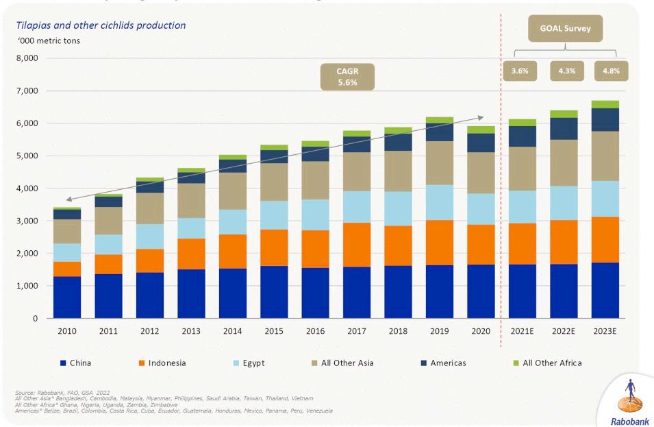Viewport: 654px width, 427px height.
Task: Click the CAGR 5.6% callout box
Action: pyautogui.click(x=347, y=76)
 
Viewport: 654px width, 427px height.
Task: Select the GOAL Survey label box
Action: pyautogui.click(x=566, y=29)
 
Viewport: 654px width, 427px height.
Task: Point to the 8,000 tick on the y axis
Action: pyautogui.click(x=27, y=58)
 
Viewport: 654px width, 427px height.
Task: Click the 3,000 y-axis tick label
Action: pyautogui.click(x=27, y=221)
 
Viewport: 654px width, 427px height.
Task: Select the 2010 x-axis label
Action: pyautogui.click(x=67, y=331)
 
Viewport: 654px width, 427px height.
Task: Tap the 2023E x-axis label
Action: pyautogui.click(x=605, y=331)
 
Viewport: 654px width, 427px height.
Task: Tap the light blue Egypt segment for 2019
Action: pyautogui.click(x=440, y=202)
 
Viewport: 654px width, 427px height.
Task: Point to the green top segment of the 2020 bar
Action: pyautogui.click(x=481, y=130)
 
